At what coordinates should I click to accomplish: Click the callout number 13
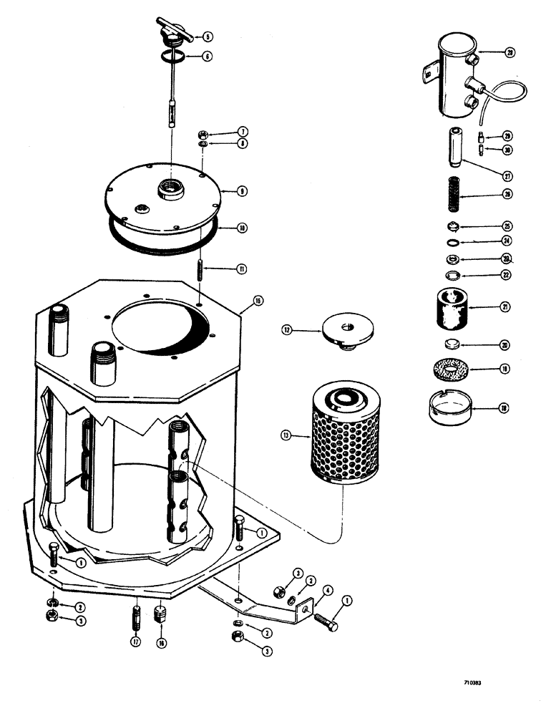click(x=286, y=434)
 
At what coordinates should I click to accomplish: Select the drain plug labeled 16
click(x=160, y=615)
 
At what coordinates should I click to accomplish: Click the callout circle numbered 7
click(x=223, y=132)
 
